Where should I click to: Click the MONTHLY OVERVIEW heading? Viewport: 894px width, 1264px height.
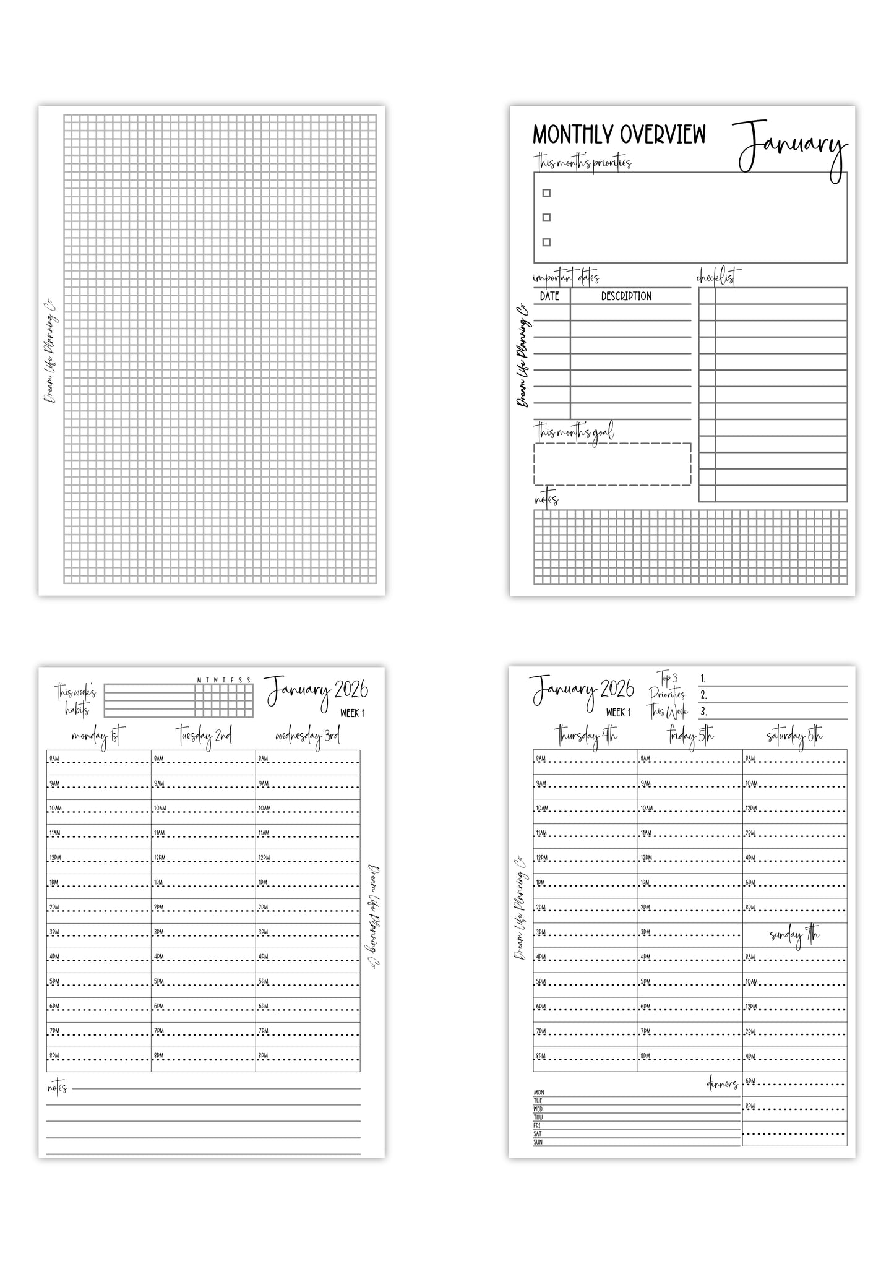[619, 134]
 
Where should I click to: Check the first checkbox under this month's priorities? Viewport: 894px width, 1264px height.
[546, 192]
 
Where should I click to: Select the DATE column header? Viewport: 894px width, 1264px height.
[549, 296]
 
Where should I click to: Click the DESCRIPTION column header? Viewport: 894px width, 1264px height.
[626, 296]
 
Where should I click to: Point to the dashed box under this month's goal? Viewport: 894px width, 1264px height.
[612, 464]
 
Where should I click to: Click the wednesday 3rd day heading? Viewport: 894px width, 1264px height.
[307, 736]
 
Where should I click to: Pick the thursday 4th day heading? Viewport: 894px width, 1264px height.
[585, 736]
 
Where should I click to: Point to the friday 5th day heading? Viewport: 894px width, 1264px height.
[690, 736]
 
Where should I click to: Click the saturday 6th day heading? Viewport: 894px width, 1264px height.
[794, 736]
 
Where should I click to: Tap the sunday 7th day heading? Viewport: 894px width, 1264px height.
[794, 935]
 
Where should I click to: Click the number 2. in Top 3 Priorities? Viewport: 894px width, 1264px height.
[703, 695]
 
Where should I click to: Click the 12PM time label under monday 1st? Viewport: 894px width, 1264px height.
[55, 858]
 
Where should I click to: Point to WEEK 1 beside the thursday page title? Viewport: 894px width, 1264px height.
[619, 712]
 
